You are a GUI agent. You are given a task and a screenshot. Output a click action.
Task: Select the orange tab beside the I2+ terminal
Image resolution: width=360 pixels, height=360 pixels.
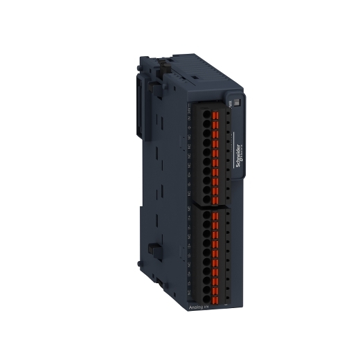point(215,246)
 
